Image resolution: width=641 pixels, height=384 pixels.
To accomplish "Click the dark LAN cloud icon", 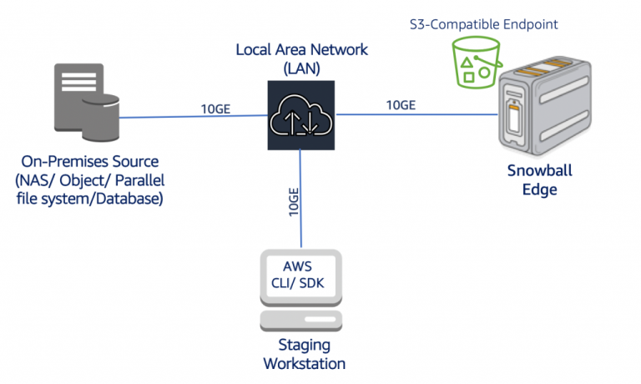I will (301, 115).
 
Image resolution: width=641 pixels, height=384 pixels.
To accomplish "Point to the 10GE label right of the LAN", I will (401, 105).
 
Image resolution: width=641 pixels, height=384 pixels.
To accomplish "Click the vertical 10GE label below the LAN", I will (292, 199).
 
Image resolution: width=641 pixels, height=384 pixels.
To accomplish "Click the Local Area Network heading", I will (301, 49).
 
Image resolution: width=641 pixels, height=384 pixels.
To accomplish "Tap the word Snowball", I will (541, 171).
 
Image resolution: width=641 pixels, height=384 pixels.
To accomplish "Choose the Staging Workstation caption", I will (304, 354).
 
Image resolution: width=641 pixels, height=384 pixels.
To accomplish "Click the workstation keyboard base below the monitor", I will (301, 321).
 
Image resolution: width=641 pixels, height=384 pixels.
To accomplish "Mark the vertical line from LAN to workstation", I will (301, 225).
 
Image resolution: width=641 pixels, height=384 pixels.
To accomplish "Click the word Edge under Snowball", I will (541, 189).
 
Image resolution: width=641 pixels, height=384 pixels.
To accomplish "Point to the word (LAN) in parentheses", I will (301, 67).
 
